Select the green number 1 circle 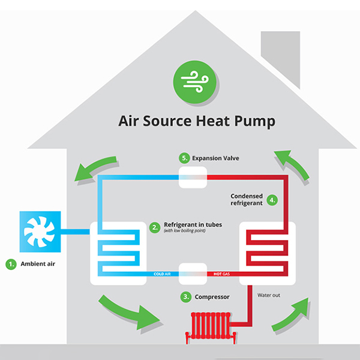tap(11, 263)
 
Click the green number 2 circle tap(154, 227)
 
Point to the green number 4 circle tap(272, 200)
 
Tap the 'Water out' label tap(269, 295)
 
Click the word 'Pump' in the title tap(255, 122)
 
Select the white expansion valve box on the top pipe tap(193, 177)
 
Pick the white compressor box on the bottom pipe tap(193, 273)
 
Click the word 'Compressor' tap(213, 296)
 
